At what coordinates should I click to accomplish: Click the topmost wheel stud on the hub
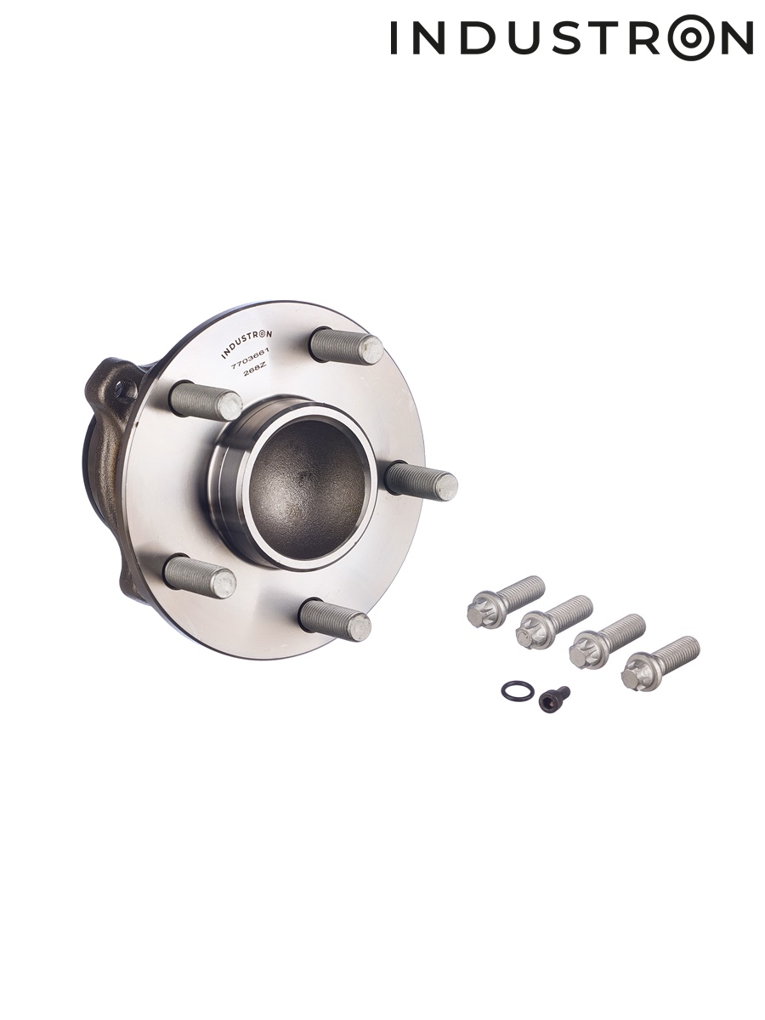[x=347, y=345]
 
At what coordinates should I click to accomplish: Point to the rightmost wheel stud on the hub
[x=422, y=480]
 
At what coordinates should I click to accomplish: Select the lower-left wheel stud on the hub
[x=201, y=575]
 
